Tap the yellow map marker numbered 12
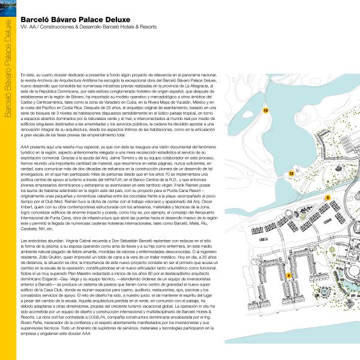tap(291, 173)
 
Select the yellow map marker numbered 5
tap(328, 197)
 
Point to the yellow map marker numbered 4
tap(289, 275)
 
